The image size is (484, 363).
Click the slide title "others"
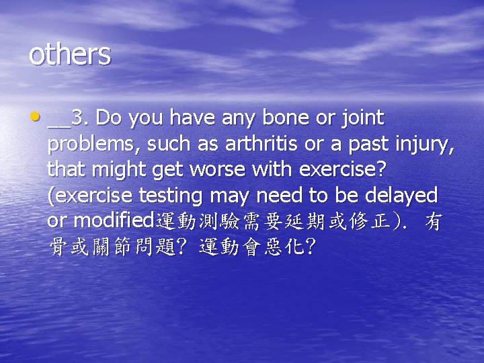click(x=69, y=54)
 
